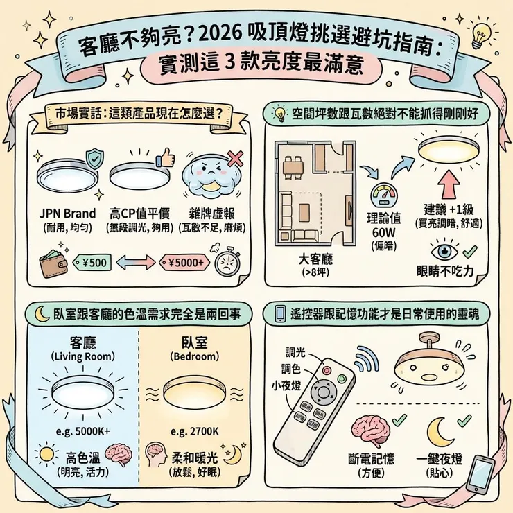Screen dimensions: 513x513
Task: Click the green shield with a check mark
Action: coord(89,157)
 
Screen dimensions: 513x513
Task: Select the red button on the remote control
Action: coord(340,376)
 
